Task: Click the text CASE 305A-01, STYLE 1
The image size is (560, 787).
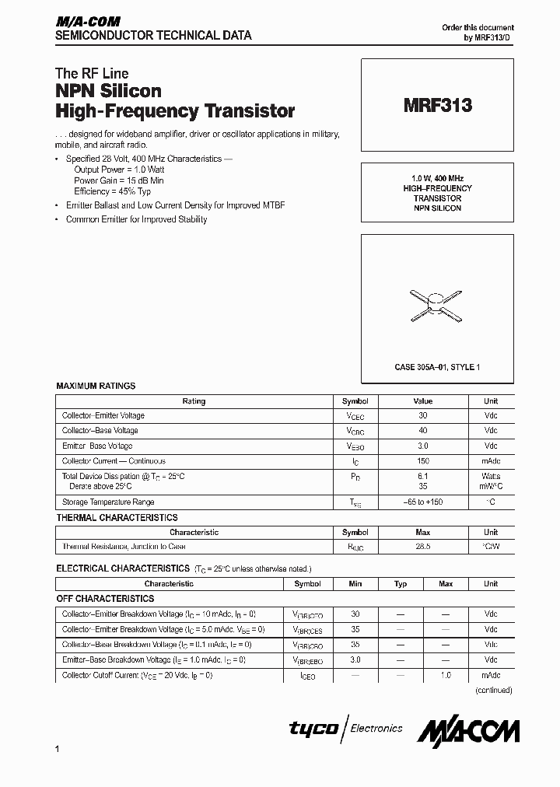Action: pyautogui.click(x=437, y=366)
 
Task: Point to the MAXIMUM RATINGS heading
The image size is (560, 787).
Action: pyautogui.click(x=96, y=386)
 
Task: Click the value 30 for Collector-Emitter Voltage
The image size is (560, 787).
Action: pyautogui.click(x=422, y=416)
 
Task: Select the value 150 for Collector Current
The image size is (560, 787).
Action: pyautogui.click(x=422, y=461)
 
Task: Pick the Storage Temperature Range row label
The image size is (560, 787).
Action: pyautogui.click(x=108, y=502)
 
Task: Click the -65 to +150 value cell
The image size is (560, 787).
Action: pyautogui.click(x=422, y=502)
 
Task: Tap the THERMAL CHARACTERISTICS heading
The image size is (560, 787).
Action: pyautogui.click(x=117, y=518)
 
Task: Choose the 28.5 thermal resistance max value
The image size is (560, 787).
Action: pyautogui.click(x=422, y=547)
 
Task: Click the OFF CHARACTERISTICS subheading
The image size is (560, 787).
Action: pyautogui.click(x=105, y=599)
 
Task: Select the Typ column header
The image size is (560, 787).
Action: pyautogui.click(x=401, y=583)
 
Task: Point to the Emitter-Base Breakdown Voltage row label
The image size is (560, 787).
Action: pyautogui.click(x=153, y=660)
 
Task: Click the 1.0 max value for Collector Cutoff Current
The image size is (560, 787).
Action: pyautogui.click(x=446, y=676)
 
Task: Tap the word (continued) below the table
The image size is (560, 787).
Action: pyautogui.click(x=493, y=691)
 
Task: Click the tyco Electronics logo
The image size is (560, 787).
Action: pyautogui.click(x=345, y=729)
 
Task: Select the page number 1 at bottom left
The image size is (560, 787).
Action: pyautogui.click(x=58, y=749)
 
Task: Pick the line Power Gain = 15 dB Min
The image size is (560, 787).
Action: pyautogui.click(x=118, y=180)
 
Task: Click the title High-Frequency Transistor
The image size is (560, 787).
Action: pyautogui.click(x=175, y=110)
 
